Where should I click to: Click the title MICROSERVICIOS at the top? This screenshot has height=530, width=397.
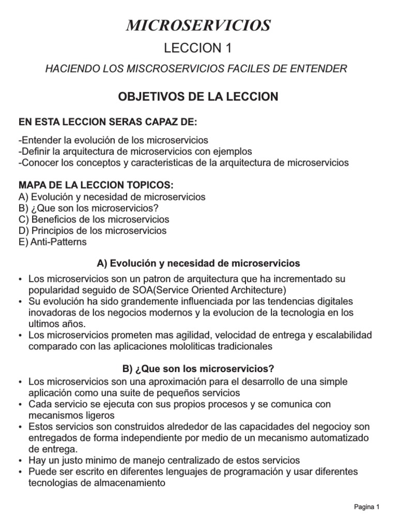pos(198,24)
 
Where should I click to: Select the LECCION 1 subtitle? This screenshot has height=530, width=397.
pos(198,48)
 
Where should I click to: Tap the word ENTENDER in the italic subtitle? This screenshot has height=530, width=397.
pos(319,68)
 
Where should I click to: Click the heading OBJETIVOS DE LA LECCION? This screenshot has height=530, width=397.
pos(198,97)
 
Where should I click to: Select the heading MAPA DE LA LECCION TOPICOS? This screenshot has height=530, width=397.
pos(96,185)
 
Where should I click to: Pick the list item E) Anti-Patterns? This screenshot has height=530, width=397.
pos(52,242)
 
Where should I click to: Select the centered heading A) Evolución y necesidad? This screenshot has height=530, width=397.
pos(198,263)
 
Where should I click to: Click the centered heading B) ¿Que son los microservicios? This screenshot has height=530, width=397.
pos(198,369)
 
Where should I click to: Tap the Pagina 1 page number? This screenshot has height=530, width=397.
pos(367,507)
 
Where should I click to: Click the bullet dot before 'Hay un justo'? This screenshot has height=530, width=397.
pos(20,461)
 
